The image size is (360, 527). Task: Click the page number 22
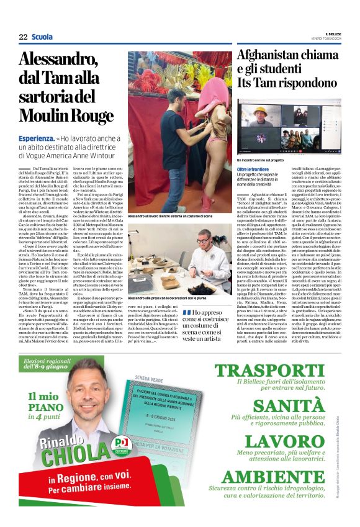click(23, 37)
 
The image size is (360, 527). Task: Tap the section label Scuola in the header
click(42, 37)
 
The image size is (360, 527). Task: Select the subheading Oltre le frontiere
click(253, 169)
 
